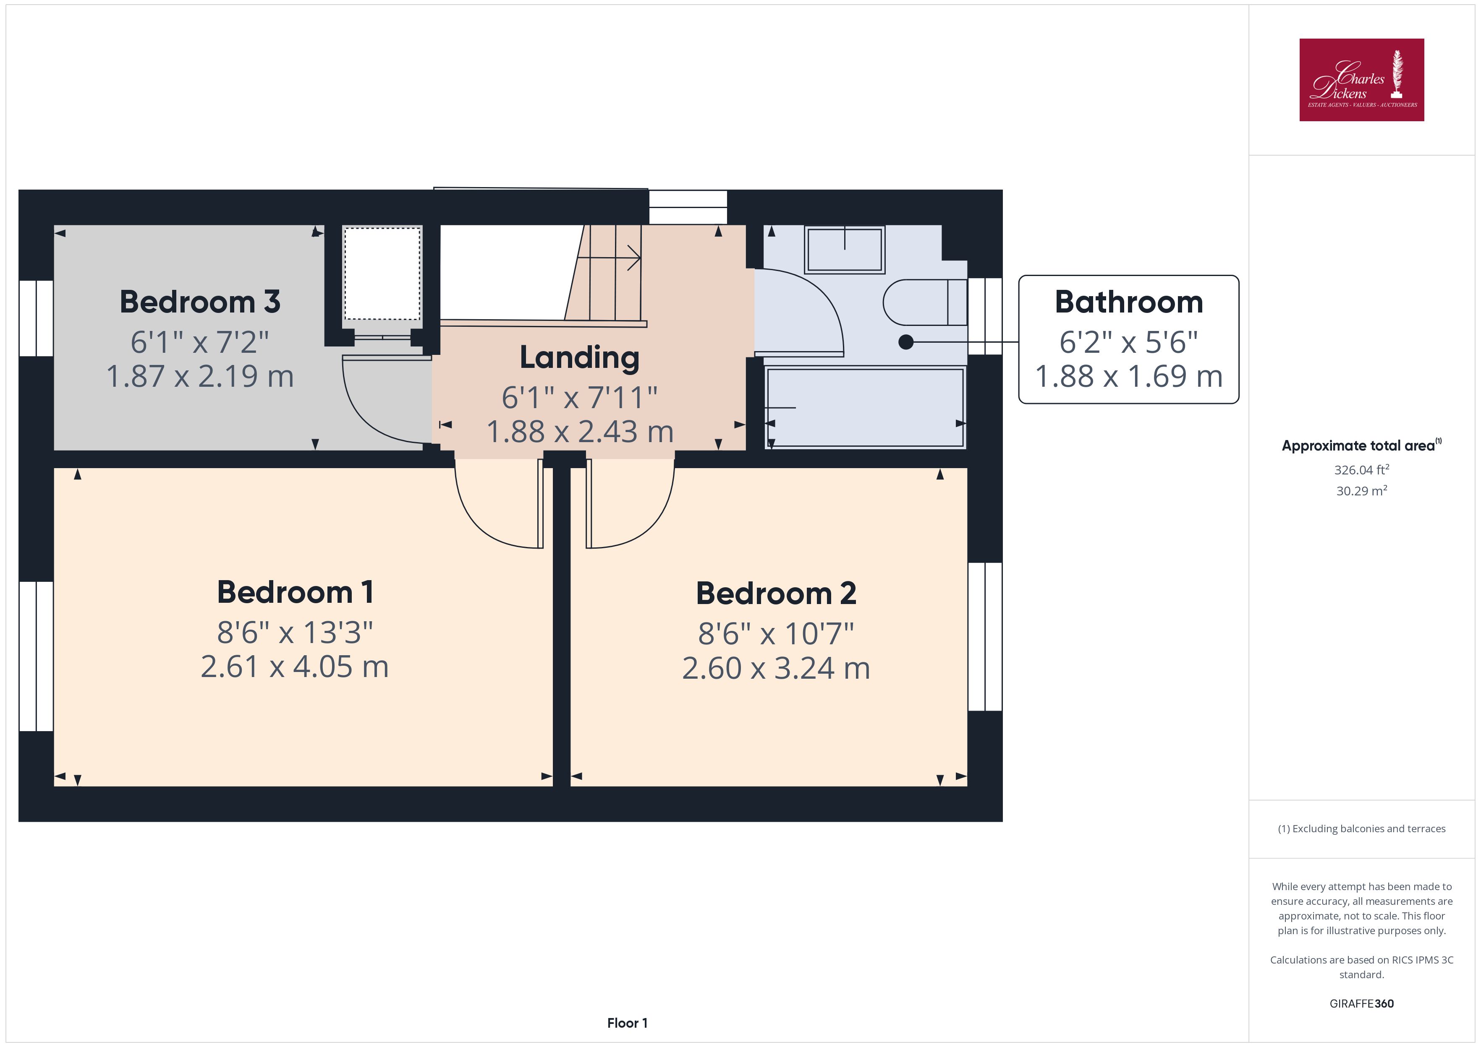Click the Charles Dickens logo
(1361, 80)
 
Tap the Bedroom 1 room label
(296, 592)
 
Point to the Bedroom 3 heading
(200, 302)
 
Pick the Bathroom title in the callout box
(1129, 302)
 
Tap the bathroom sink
(844, 249)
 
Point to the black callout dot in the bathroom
(905, 342)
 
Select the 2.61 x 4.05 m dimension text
(295, 667)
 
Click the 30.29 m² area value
(1361, 491)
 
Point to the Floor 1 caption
(627, 1023)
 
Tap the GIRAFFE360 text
(1361, 1003)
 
